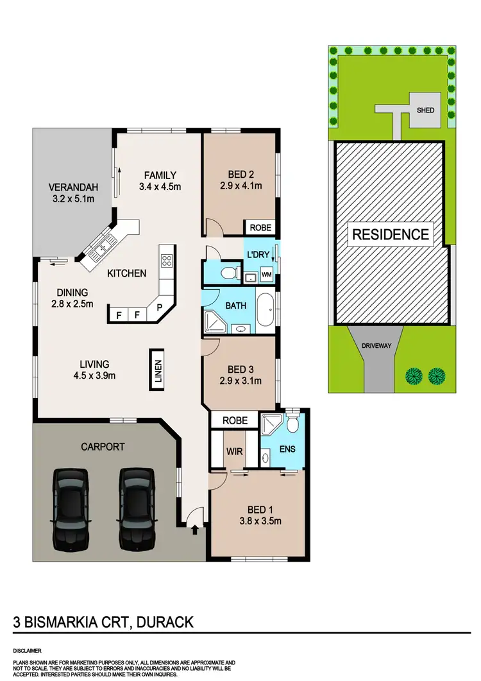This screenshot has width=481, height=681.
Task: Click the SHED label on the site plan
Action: [x=425, y=110]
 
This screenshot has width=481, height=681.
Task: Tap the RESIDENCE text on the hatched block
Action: [x=390, y=234]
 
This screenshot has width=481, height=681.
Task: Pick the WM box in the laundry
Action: [x=266, y=275]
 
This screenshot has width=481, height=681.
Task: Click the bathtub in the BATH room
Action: [x=266, y=309]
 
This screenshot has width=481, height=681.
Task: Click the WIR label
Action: [x=234, y=452]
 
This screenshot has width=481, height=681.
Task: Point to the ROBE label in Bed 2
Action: [x=260, y=227]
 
